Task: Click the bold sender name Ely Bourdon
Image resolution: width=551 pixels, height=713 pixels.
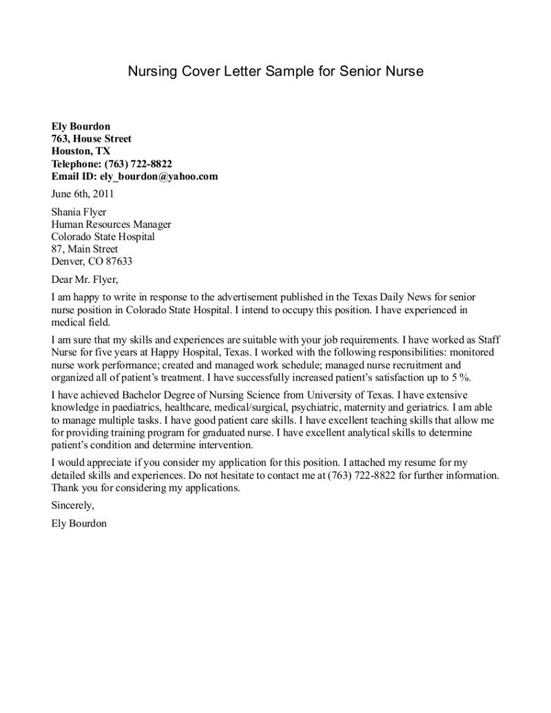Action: (81, 127)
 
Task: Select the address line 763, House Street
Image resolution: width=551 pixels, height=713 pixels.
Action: (91, 139)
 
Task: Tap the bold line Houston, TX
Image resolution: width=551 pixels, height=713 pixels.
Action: (81, 151)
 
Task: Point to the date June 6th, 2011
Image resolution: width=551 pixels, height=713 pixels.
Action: (78, 194)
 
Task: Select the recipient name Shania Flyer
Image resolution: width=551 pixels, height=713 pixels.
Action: (79, 212)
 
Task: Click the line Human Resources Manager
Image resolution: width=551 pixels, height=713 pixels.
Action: (111, 224)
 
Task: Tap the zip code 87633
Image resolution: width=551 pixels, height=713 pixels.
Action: (118, 262)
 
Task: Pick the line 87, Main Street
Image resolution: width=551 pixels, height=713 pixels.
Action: (85, 249)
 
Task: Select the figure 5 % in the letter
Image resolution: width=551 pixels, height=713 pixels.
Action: (460, 377)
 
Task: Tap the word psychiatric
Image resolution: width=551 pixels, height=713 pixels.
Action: (318, 407)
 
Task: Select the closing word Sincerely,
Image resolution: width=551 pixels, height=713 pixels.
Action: (72, 505)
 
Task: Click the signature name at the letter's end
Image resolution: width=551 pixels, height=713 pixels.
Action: (79, 523)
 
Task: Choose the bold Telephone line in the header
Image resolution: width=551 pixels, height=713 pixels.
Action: (112, 164)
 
